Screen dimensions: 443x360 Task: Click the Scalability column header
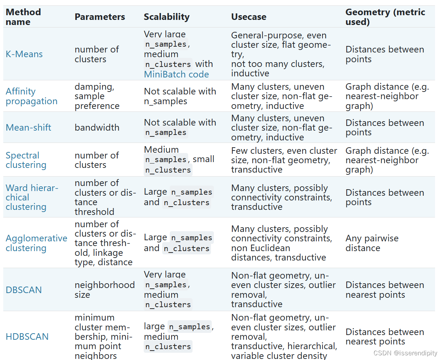pyautogui.click(x=166, y=17)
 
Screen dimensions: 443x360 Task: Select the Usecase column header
pyautogui.click(x=249, y=17)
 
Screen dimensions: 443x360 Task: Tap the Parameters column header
pyautogui.click(x=100, y=17)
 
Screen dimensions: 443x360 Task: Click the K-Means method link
pyautogui.click(x=24, y=54)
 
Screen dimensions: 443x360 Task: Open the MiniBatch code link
pyautogui.click(x=176, y=74)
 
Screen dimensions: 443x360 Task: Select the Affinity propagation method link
pyautogui.click(x=31, y=96)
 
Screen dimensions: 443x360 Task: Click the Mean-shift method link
pyautogui.click(x=28, y=127)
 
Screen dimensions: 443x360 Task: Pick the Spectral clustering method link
pyautogui.click(x=26, y=160)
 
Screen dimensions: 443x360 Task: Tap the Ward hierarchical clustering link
pyautogui.click(x=32, y=197)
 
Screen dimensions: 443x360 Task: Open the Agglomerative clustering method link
pyautogui.click(x=37, y=243)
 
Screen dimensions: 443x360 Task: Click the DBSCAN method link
pyautogui.click(x=24, y=290)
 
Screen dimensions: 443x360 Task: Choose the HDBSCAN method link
pyautogui.click(x=27, y=337)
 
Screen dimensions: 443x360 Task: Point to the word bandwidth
pyautogui.click(x=97, y=127)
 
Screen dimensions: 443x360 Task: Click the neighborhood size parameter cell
pyautogui.click(x=105, y=290)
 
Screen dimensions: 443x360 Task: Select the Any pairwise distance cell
pyautogui.click(x=372, y=243)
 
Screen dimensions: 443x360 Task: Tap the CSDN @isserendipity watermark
pyautogui.click(x=405, y=353)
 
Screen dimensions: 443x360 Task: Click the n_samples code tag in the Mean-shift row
pyautogui.click(x=166, y=133)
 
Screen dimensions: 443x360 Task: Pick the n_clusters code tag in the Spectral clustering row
pyautogui.click(x=168, y=170)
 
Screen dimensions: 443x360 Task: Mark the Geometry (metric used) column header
pyautogui.click(x=385, y=17)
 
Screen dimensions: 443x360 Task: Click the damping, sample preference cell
pyautogui.click(x=97, y=96)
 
